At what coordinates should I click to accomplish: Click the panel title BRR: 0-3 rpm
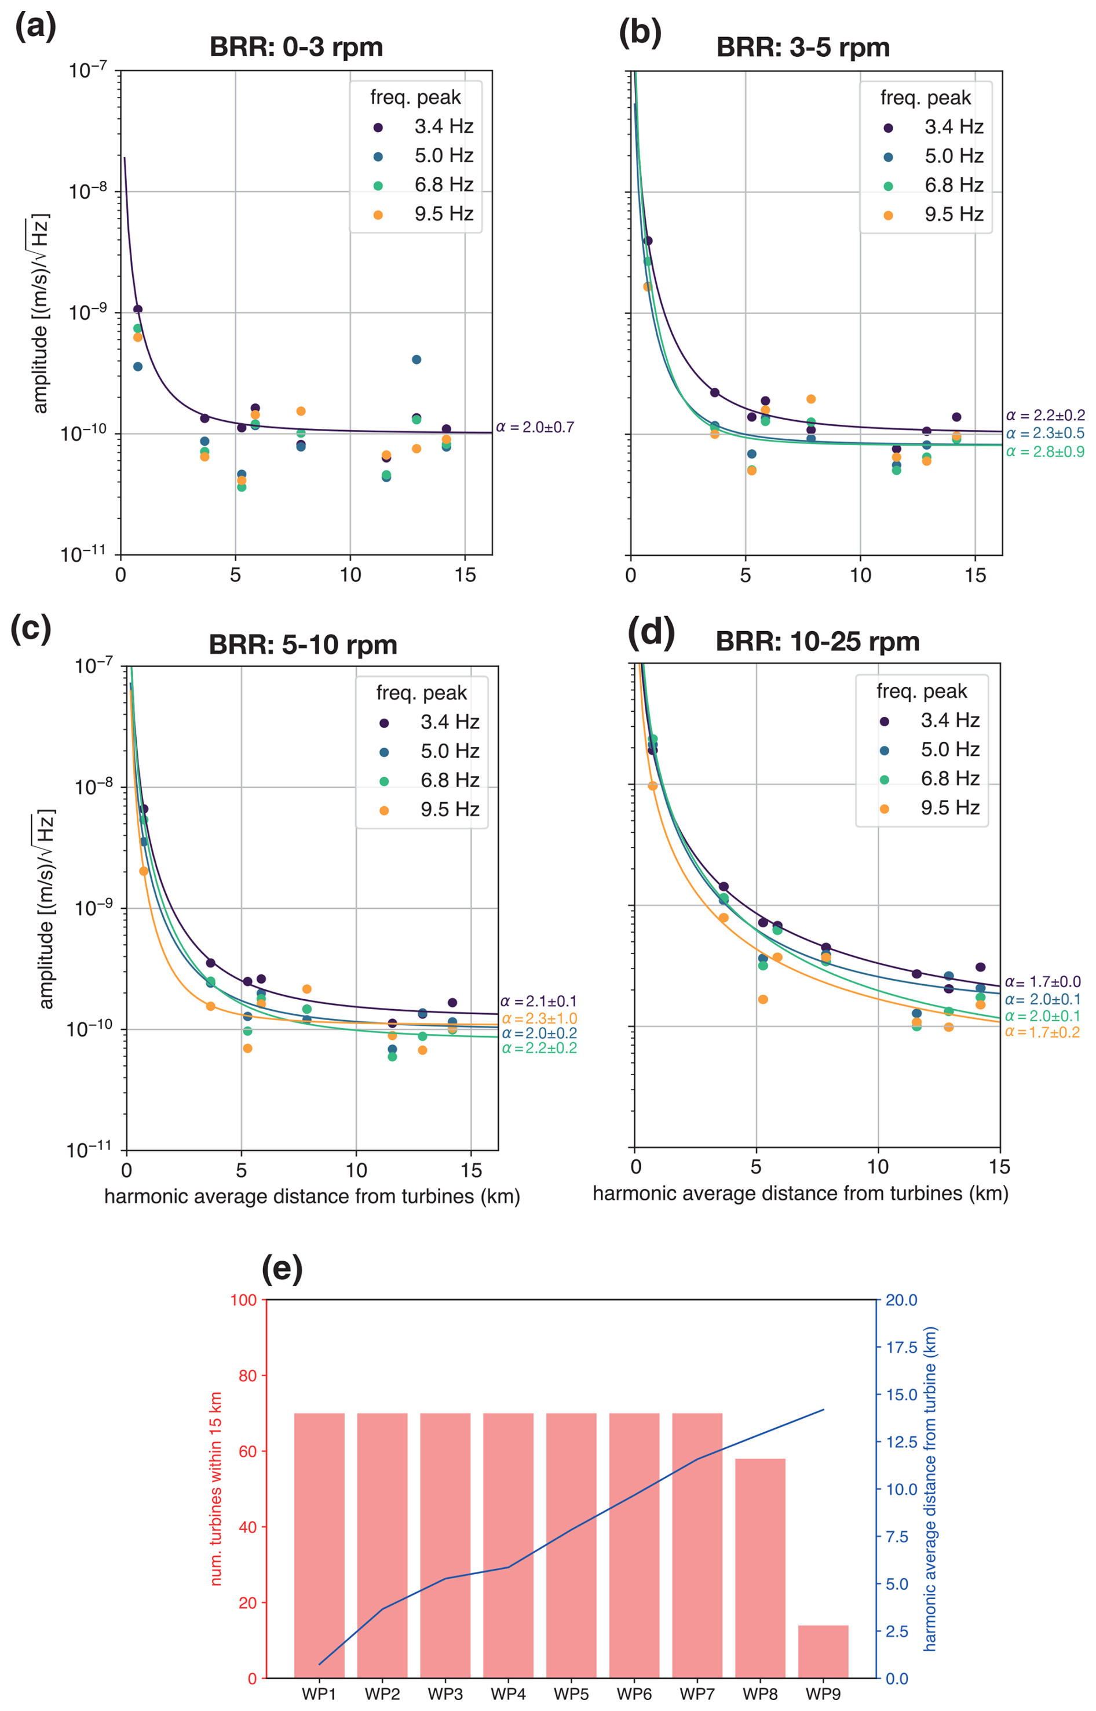click(296, 47)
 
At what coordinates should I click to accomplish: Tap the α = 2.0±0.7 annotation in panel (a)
click(535, 427)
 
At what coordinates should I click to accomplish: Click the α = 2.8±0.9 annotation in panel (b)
click(1045, 452)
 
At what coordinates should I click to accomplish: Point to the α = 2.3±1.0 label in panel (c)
click(539, 1019)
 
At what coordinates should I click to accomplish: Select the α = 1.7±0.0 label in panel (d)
click(1043, 982)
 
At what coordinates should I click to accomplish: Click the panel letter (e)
click(283, 1268)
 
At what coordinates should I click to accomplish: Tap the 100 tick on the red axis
click(243, 1300)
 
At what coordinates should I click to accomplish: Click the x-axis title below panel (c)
click(312, 1196)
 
